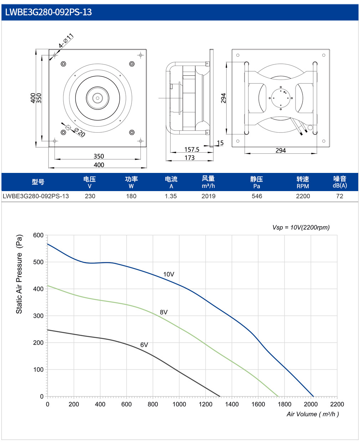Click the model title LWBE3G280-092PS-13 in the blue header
[48, 12]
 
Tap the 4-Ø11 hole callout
[66, 40]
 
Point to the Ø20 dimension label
[80, 132]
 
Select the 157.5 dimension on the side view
[192, 149]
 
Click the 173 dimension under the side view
[189, 158]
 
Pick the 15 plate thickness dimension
[220, 143]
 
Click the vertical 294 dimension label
[223, 98]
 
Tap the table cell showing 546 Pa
[257, 196]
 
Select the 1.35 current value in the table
[171, 196]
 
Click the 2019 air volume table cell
[209, 196]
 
